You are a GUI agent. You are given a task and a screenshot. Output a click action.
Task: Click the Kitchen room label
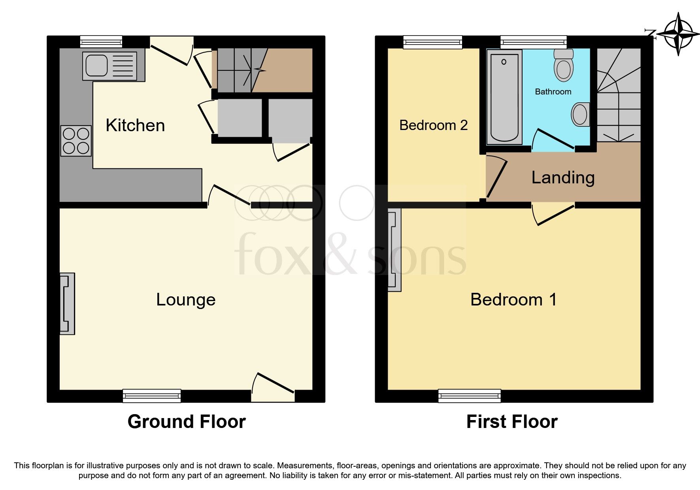pos(135,125)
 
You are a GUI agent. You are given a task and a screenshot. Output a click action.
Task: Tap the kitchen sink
pos(109,66)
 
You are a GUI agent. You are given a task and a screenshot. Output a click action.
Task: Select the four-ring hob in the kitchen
pos(76,141)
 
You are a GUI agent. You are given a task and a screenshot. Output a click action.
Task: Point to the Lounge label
pos(186,300)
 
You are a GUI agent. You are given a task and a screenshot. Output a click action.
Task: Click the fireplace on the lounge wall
pos(67,303)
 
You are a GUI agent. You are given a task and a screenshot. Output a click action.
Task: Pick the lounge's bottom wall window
pos(152,395)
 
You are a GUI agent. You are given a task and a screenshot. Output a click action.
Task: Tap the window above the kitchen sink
pos(101,41)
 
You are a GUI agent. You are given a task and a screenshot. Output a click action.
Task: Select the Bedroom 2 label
pos(434,125)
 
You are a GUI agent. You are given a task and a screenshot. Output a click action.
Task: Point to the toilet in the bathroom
pos(564,66)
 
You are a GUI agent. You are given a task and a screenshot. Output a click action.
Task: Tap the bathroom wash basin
pos(581,115)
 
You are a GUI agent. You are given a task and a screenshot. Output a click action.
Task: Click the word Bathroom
pos(553,92)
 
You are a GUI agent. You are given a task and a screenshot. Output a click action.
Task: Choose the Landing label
pos(563,177)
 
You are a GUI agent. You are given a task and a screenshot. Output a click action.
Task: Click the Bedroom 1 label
pos(513,300)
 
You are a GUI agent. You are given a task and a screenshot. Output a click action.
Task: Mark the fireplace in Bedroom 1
pos(394,250)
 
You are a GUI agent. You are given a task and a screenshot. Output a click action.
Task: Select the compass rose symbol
pos(678,34)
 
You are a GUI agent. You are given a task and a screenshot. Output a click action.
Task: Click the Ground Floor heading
pos(187,422)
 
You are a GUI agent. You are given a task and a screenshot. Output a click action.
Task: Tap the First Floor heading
pos(512,422)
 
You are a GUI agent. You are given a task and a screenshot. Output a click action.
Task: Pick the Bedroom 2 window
pos(433,41)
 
